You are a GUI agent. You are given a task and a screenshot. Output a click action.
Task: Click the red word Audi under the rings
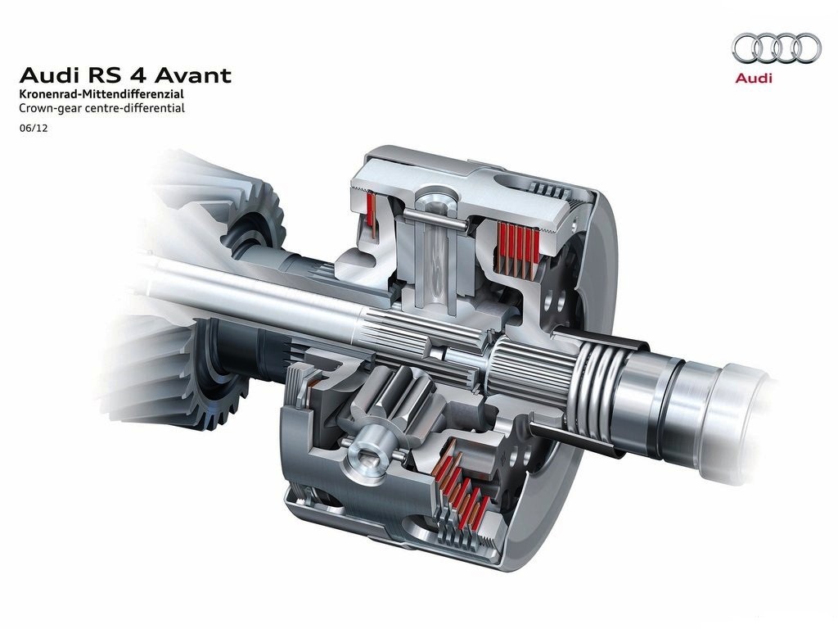[754, 78]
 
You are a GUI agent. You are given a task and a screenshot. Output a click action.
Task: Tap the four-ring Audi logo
[777, 48]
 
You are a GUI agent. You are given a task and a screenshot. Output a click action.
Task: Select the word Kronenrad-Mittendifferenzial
[101, 93]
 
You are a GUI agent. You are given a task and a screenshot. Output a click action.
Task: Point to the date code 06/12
[33, 129]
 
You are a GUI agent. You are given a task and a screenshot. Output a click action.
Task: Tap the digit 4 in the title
[142, 75]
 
